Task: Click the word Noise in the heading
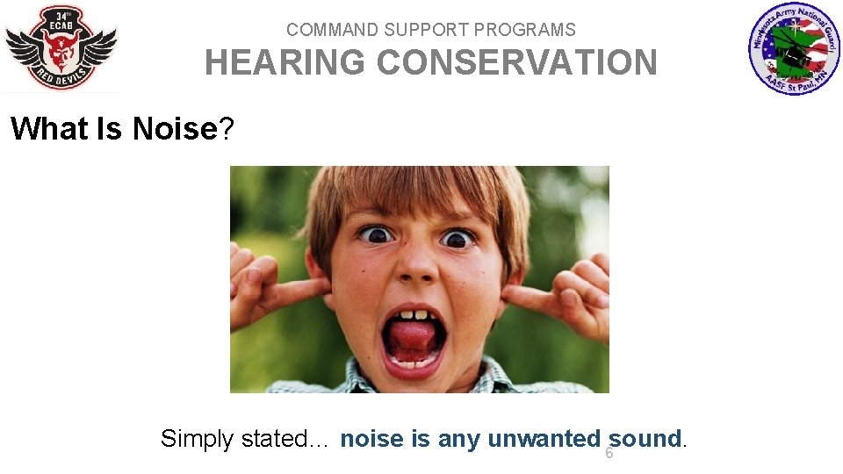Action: pyautogui.click(x=174, y=129)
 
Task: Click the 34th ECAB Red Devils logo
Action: pyautogui.click(x=61, y=47)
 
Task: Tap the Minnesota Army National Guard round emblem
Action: pyautogui.click(x=794, y=49)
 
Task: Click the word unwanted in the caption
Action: pyautogui.click(x=544, y=439)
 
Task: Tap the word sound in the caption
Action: pyautogui.click(x=645, y=439)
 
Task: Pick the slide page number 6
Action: pyautogui.click(x=609, y=454)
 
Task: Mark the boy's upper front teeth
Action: pyautogui.click(x=413, y=314)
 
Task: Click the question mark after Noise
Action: pyautogui.click(x=227, y=129)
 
